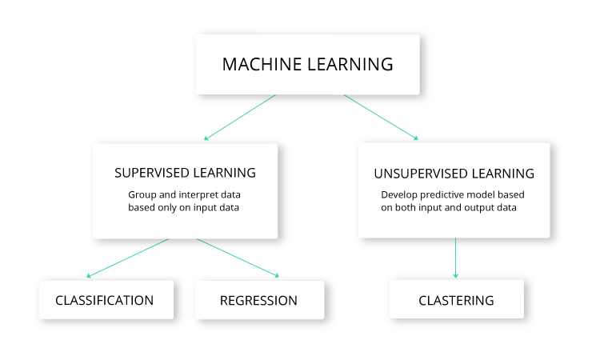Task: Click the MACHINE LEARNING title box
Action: click(308, 65)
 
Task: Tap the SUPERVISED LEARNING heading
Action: click(185, 173)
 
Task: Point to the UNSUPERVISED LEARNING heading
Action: click(454, 174)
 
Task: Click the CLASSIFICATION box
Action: click(105, 301)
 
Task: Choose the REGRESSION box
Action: click(258, 301)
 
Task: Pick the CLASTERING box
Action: click(456, 301)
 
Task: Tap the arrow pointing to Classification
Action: click(128, 258)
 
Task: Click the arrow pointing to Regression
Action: click(238, 258)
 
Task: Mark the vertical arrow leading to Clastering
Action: click(456, 258)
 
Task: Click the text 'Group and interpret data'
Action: click(185, 194)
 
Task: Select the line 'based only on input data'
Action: click(185, 207)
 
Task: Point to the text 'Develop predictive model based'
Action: click(453, 194)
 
